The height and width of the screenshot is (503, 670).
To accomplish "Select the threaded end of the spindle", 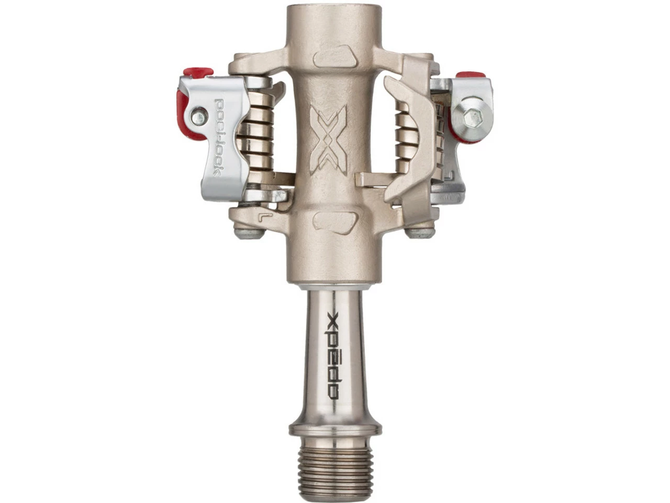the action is [x=335, y=469].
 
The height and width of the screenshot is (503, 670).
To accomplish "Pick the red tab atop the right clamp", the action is [x=471, y=76].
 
